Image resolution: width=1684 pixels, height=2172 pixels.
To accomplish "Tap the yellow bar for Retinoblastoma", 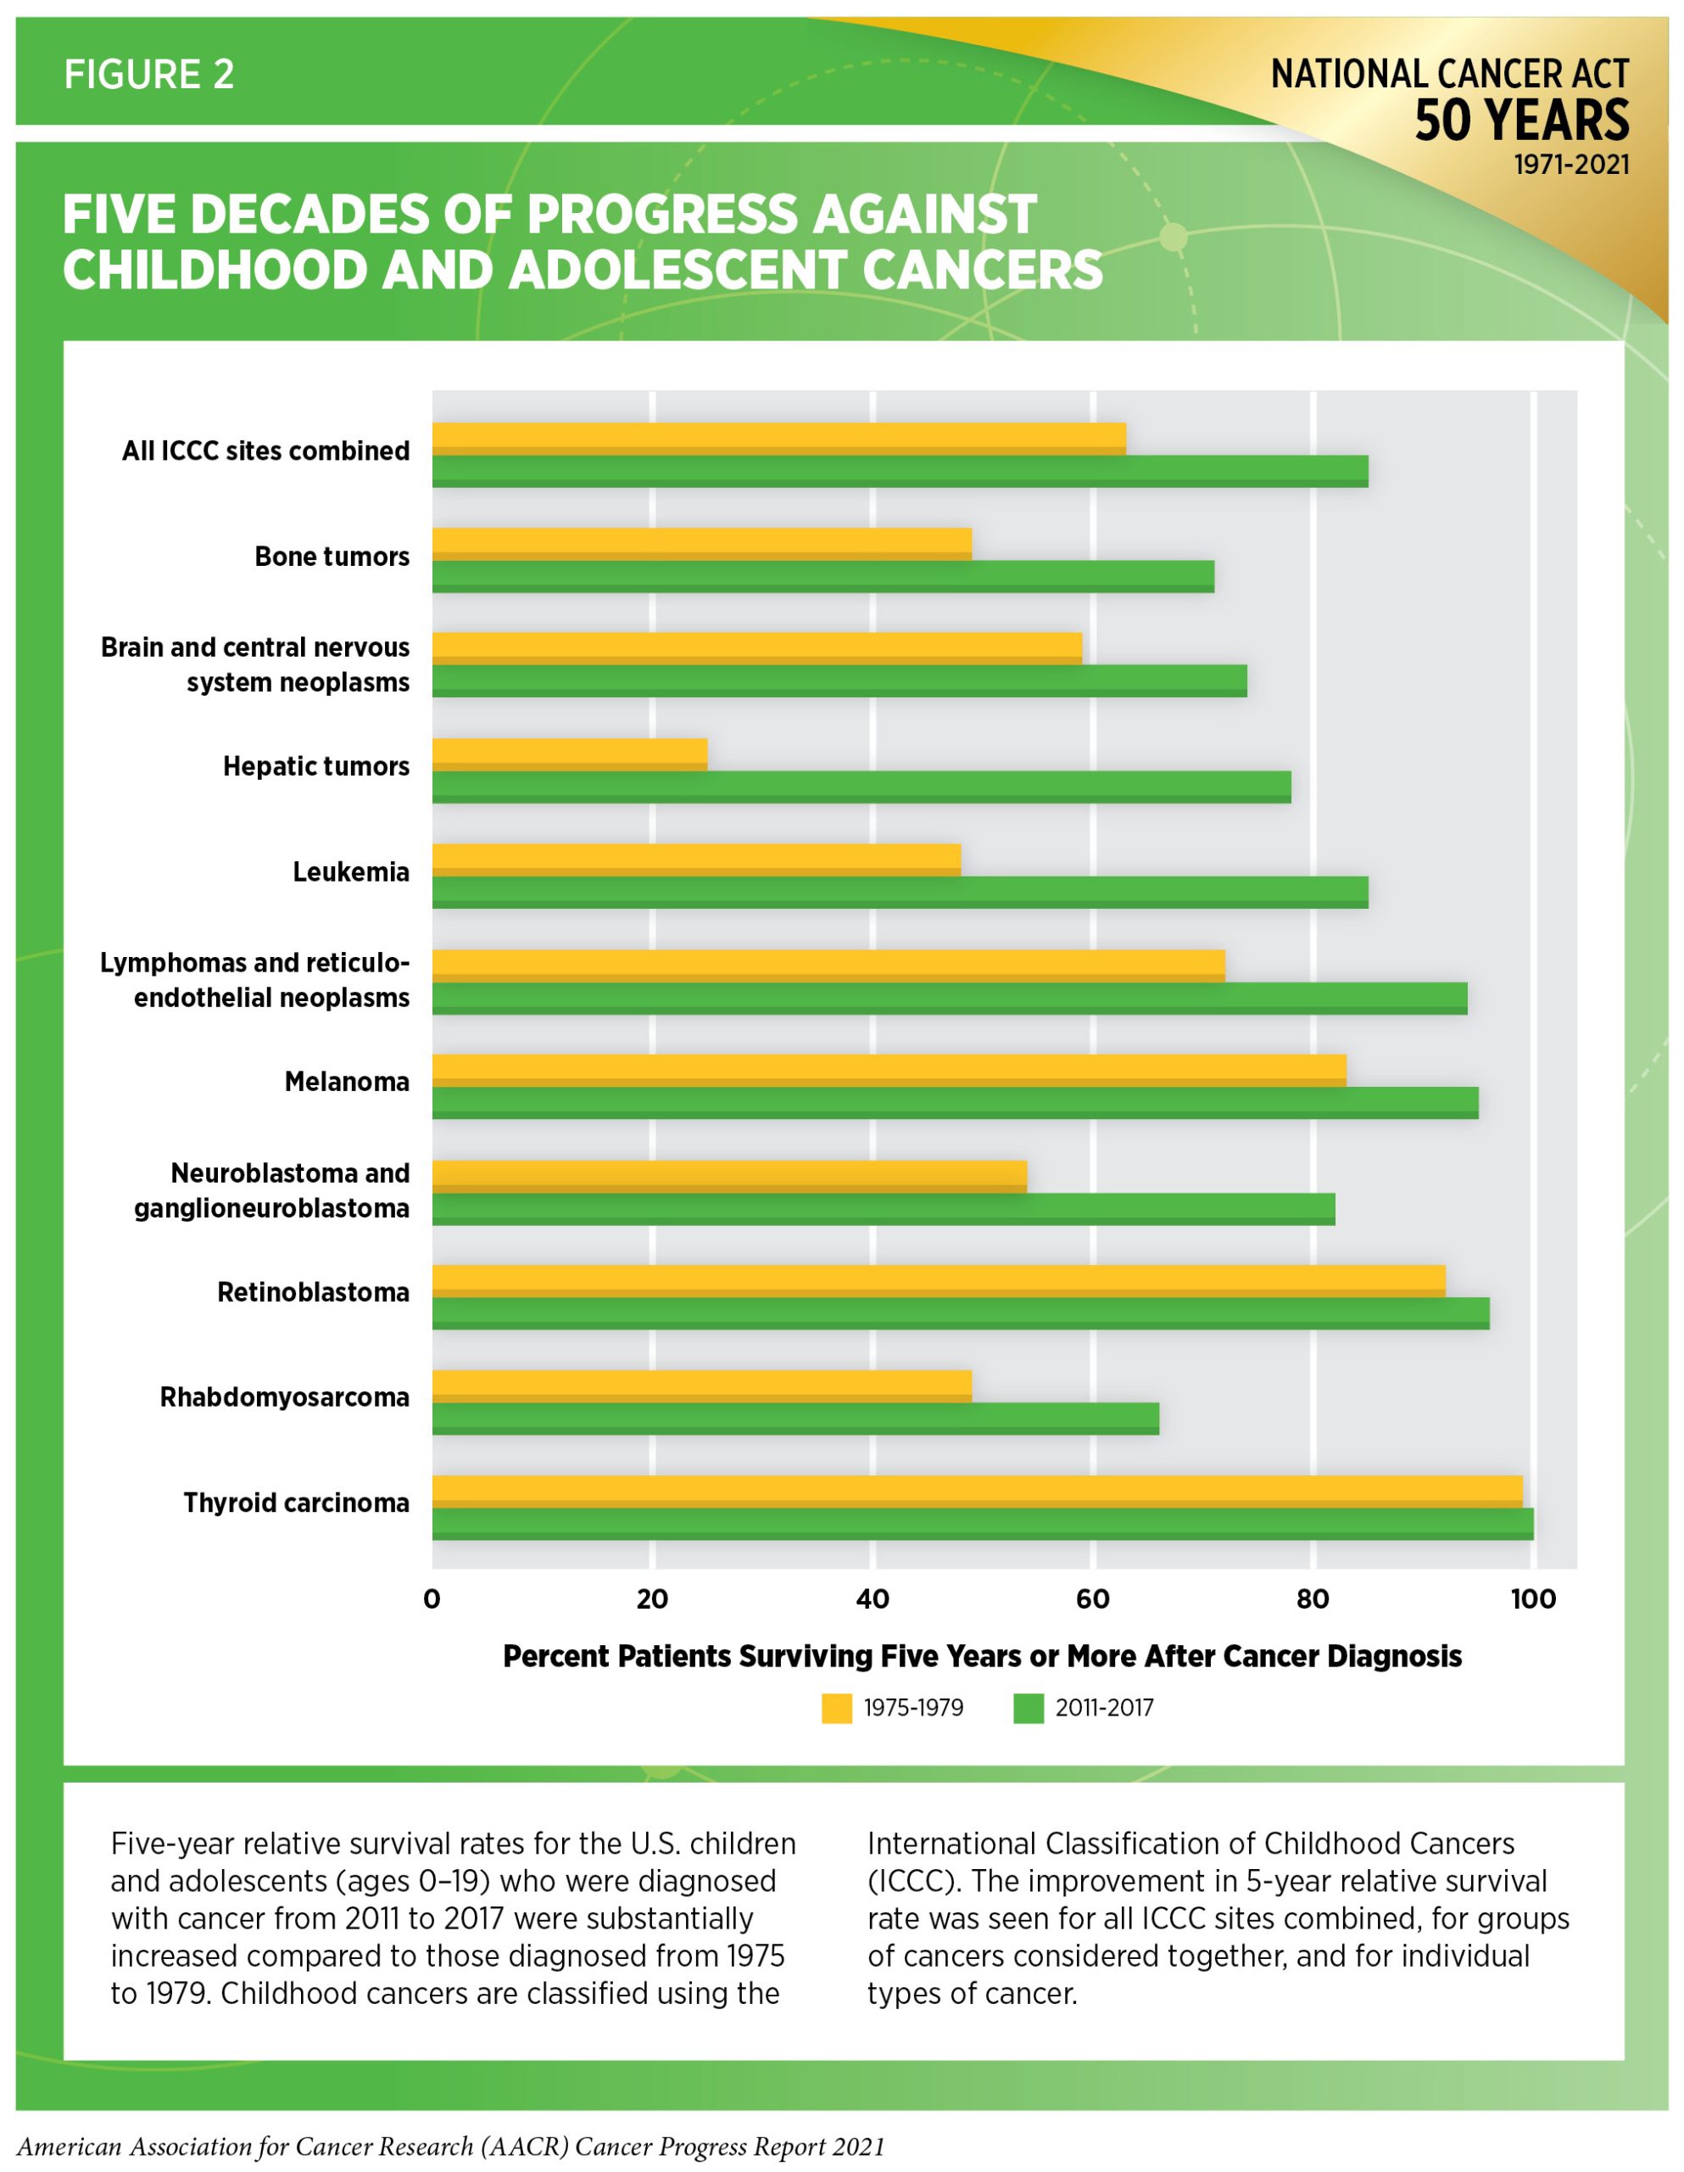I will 939,1281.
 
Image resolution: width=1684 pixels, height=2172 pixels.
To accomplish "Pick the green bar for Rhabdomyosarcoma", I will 795,1419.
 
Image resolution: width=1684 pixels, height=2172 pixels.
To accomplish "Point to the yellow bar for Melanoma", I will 889,1070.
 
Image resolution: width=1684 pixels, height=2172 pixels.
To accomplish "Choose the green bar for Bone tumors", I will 823,576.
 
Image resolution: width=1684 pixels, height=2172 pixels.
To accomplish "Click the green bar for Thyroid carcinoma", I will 982,1524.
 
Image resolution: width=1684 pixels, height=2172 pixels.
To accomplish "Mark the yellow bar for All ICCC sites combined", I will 779,439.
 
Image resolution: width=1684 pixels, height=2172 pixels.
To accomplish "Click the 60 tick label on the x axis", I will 1092,1599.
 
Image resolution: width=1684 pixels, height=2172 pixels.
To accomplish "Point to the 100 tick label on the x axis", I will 1533,1599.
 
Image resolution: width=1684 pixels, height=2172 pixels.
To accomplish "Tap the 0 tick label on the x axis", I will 432,1599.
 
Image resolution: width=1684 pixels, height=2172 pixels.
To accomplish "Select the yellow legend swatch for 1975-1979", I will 836,1709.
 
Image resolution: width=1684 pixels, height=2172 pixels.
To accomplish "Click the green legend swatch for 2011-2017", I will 1028,1709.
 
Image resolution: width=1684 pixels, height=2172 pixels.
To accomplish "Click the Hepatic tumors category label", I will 316,766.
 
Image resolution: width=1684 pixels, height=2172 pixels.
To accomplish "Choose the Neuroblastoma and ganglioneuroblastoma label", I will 271,1190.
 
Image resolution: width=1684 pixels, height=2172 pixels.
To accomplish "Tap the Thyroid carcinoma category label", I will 296,1502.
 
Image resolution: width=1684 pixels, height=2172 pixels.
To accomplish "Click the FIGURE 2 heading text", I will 149,75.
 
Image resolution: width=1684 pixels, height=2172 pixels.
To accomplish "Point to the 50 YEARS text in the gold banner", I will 1521,120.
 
